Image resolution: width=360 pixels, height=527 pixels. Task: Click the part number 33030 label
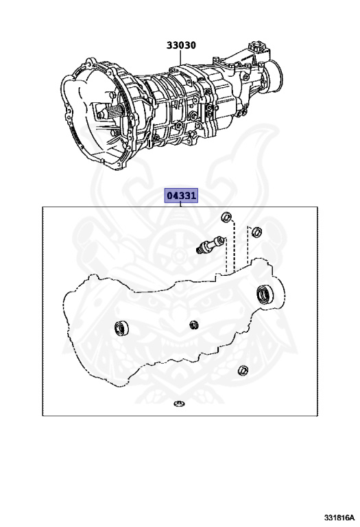pos(181,45)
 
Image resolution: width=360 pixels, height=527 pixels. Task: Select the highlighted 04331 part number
pos(181,196)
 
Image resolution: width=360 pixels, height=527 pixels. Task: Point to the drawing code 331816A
pos(339,517)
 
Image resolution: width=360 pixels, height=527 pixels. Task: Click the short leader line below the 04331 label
pos(181,204)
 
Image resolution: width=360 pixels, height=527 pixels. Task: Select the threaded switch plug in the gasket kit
pos(210,245)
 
